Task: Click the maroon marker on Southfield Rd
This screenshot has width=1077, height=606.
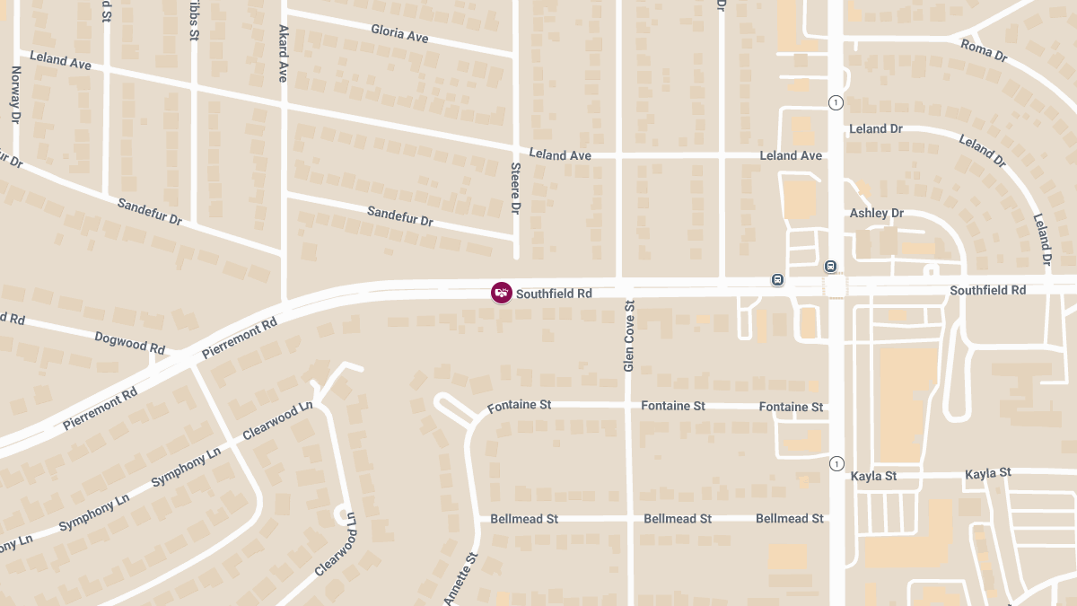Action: (x=502, y=293)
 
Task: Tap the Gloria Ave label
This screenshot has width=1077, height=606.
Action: (x=399, y=33)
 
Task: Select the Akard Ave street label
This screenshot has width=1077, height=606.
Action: (x=283, y=53)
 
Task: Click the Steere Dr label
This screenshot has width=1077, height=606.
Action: (x=515, y=189)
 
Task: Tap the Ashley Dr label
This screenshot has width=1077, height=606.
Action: (x=876, y=214)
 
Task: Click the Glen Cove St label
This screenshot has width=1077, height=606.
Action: (x=629, y=337)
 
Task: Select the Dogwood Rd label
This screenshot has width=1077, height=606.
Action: (x=130, y=342)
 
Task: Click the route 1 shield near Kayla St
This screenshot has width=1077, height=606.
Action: (x=836, y=464)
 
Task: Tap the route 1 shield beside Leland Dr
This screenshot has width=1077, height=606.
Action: (x=836, y=102)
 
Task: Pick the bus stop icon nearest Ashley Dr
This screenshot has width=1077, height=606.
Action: (x=831, y=266)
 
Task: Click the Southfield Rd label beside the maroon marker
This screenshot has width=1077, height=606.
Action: (x=554, y=294)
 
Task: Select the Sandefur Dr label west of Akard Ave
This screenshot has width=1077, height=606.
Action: (x=149, y=212)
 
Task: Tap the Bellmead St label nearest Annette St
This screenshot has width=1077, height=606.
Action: (x=524, y=519)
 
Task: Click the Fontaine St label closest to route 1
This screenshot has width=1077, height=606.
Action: (x=791, y=408)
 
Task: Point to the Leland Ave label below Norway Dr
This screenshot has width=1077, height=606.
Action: (x=60, y=60)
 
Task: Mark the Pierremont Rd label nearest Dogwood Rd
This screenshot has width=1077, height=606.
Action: (x=240, y=338)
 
